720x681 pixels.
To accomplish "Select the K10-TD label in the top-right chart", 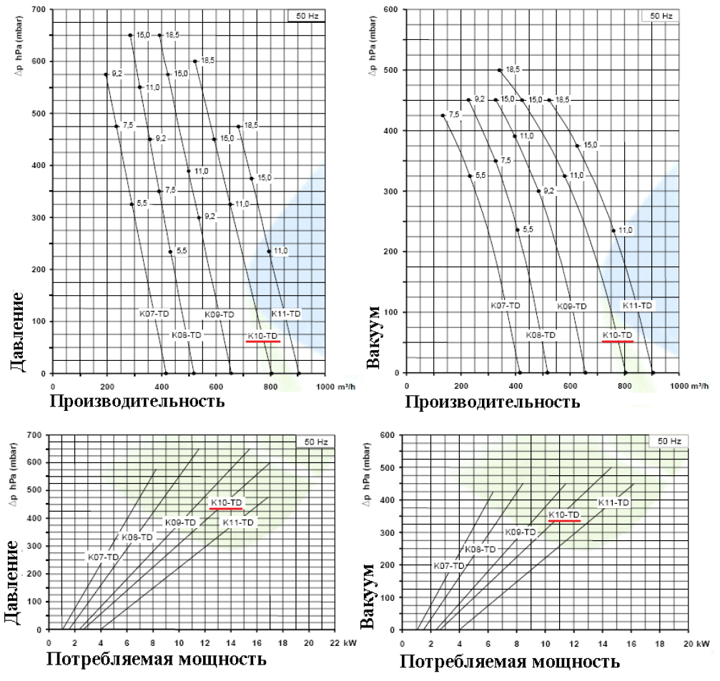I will pyautogui.click(x=618, y=335).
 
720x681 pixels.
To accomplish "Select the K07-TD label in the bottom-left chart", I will pyautogui.click(x=102, y=556).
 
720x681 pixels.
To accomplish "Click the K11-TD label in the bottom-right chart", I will pyautogui.click(x=613, y=502).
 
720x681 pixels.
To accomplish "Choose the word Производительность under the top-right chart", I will pyautogui.click(x=493, y=402).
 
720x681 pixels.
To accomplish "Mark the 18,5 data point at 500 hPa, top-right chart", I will pyautogui.click(x=500, y=70).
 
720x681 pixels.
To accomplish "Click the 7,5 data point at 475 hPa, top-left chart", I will pyautogui.click(x=116, y=126).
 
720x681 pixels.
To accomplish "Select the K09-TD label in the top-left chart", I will pyautogui.click(x=220, y=314).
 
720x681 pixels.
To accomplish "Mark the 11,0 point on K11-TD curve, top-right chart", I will pyautogui.click(x=613, y=230).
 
